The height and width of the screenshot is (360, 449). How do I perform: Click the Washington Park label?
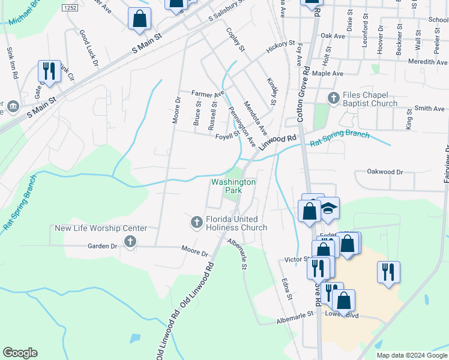233,186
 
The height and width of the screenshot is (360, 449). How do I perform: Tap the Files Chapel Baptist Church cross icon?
334,97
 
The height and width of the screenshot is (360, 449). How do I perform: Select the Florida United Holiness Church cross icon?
196,222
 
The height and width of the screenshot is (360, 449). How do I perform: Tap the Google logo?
20,353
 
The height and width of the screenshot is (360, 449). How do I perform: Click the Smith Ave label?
430,109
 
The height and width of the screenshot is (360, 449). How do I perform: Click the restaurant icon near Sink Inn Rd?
47,71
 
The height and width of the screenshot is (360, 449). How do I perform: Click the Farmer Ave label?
207,94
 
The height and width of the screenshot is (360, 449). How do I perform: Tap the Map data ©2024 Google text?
412,355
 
